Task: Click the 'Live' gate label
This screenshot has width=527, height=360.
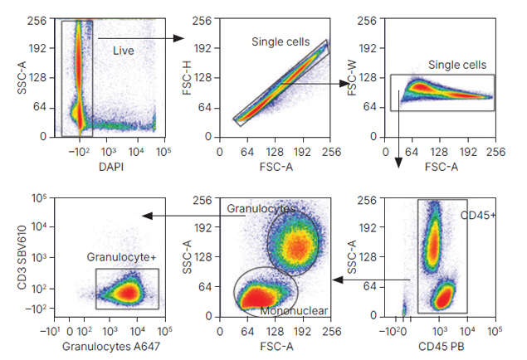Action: click(124, 51)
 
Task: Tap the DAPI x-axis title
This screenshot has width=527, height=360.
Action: click(111, 167)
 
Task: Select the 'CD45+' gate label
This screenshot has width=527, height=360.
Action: click(478, 216)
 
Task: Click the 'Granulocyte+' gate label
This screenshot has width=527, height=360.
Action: click(122, 257)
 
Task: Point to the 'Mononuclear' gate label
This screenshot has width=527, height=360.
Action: click(294, 311)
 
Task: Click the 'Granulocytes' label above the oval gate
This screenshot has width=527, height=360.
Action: click(261, 208)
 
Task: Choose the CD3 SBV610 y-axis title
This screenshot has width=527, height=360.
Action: click(22, 257)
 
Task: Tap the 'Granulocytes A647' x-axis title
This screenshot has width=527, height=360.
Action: click(111, 346)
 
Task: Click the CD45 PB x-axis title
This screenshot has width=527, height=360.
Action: click(442, 346)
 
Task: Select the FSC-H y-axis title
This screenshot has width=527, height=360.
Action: click(187, 78)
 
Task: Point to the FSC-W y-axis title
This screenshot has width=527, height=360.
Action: click(352, 79)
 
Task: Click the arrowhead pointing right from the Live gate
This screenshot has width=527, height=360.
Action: click(178, 38)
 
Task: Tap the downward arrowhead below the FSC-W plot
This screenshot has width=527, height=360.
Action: click(398, 163)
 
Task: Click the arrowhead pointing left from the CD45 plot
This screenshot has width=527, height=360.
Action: click(338, 280)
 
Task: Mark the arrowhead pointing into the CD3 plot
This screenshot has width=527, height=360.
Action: click(147, 216)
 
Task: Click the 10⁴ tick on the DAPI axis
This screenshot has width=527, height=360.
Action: click(136, 152)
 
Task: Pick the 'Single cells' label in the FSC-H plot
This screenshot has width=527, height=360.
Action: click(281, 42)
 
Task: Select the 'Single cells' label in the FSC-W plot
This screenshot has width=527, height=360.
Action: click(457, 65)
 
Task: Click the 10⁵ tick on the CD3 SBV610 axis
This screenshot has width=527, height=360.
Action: click(39, 198)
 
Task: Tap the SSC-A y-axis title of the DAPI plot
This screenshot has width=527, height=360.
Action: click(22, 78)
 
